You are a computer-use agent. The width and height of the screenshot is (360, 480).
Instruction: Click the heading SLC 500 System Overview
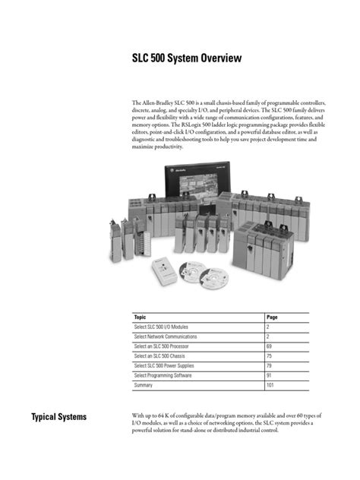point(185,57)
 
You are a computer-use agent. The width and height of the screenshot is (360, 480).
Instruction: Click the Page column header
point(273,316)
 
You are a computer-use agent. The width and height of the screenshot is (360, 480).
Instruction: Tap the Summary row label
point(144,385)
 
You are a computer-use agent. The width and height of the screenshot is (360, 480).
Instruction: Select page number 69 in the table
point(270,346)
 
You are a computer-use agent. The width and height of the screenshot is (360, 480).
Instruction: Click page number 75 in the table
point(270,355)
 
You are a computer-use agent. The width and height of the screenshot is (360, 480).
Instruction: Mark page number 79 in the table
point(270,365)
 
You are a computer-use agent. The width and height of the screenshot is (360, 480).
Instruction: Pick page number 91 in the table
point(270,375)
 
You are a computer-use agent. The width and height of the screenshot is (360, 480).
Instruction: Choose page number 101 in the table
point(272,385)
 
